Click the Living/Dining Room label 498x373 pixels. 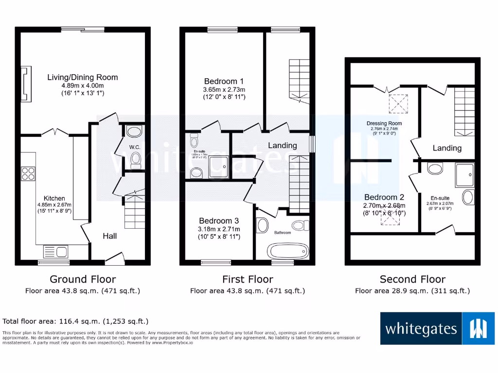[82, 77]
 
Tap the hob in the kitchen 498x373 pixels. [28, 173]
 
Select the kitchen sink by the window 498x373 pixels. [55, 251]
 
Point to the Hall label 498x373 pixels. [109, 236]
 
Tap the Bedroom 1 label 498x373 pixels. [224, 81]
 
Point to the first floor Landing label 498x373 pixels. [282, 145]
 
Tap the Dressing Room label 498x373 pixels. [384, 123]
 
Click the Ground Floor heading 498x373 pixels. [83, 279]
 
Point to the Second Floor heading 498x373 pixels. [412, 279]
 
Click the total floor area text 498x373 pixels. [75, 321]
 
